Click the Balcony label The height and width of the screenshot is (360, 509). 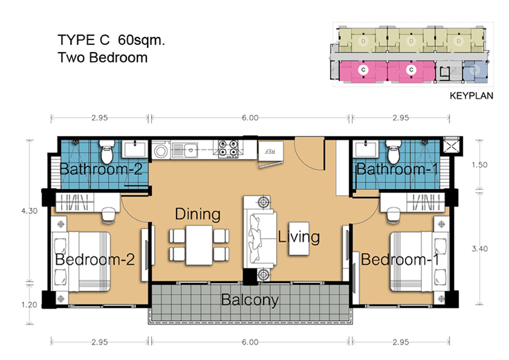click(x=250, y=300)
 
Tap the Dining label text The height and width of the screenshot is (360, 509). click(x=198, y=214)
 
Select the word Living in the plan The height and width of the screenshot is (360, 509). click(x=299, y=236)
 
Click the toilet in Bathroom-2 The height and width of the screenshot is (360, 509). click(x=107, y=151)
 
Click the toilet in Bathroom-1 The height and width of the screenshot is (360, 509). click(x=394, y=151)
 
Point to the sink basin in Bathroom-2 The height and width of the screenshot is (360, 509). click(x=135, y=149)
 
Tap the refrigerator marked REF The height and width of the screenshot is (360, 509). click(x=270, y=151)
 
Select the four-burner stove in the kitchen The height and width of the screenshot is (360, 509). click(x=228, y=149)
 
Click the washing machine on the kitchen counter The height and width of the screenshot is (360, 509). click(x=161, y=151)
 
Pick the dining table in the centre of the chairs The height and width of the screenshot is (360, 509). click(x=199, y=244)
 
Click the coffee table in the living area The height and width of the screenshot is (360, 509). click(x=299, y=238)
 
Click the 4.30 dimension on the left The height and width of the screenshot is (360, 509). click(x=30, y=211)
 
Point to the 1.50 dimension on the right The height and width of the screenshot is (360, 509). click(x=479, y=165)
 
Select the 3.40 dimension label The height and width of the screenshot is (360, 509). click(x=479, y=249)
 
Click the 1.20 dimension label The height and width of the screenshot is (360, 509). click(x=30, y=305)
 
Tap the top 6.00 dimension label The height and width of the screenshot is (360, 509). click(x=250, y=117)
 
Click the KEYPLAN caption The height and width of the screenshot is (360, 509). click(x=472, y=96)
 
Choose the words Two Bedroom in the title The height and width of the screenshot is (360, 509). click(x=103, y=57)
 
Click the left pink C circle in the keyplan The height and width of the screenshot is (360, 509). click(x=363, y=70)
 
